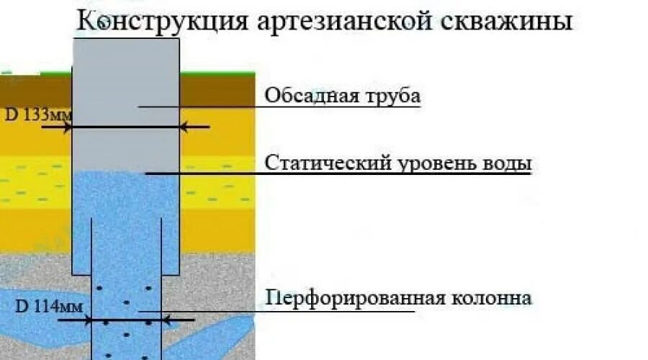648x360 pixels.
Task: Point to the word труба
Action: (x=394, y=96)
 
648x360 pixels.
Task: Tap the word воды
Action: (x=508, y=163)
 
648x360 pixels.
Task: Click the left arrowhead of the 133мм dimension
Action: (x=68, y=127)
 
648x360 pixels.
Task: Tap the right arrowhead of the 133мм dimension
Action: (x=183, y=127)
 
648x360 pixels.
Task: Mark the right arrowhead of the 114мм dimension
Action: (x=165, y=318)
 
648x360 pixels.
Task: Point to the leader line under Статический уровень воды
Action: (x=338, y=174)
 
